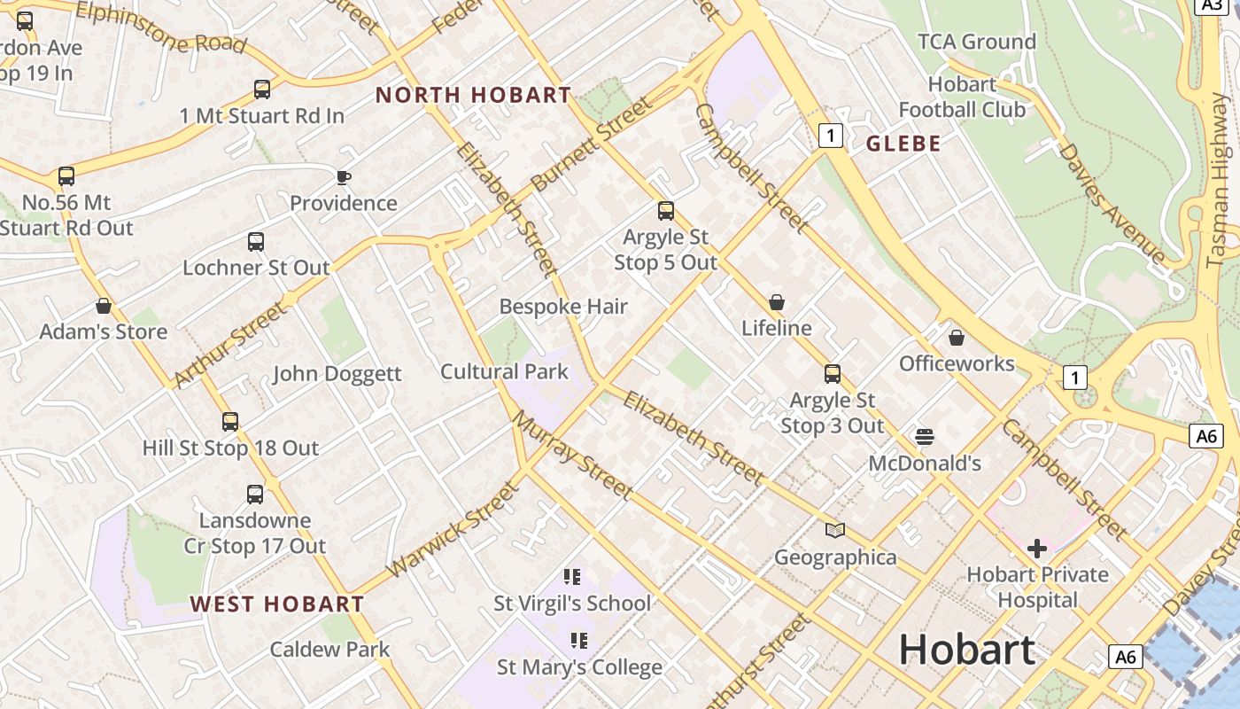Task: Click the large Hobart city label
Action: click(966, 650)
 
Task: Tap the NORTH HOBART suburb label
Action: click(473, 95)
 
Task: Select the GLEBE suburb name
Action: click(903, 144)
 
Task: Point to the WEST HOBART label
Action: click(276, 604)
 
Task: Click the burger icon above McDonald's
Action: click(924, 436)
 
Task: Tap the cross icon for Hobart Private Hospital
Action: click(1037, 548)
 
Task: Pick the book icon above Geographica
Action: click(834, 530)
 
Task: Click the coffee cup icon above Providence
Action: click(344, 177)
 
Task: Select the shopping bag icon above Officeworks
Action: click(956, 338)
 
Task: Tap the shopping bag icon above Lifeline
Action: click(777, 302)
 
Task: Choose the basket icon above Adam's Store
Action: click(104, 307)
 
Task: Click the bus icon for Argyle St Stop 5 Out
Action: click(666, 211)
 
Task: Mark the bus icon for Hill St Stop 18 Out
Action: click(230, 422)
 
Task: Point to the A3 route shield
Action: click(1211, 5)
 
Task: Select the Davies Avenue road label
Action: click(1111, 202)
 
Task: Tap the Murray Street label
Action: click(573, 455)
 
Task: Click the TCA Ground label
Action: click(976, 42)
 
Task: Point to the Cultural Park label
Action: click(504, 371)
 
